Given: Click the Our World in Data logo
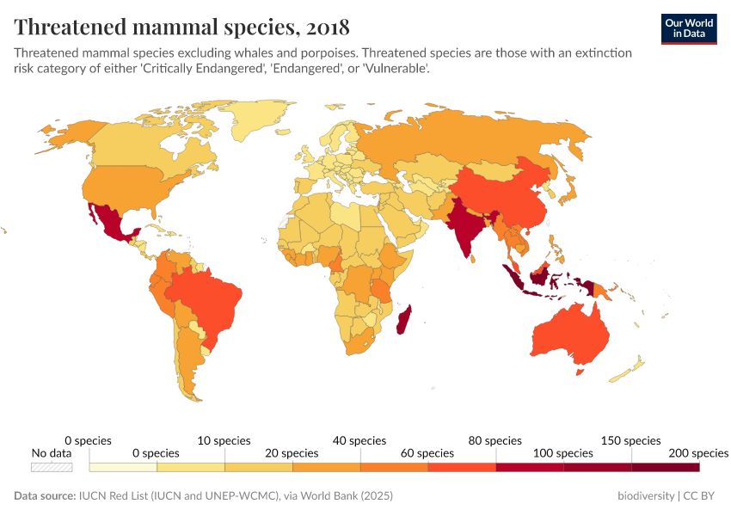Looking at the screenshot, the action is point(688,28).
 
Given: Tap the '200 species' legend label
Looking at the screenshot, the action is point(697,452).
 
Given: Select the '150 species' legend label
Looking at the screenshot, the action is point(631,440).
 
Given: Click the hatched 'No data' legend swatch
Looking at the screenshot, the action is point(52,467).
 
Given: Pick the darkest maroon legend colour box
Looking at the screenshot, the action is point(665,467).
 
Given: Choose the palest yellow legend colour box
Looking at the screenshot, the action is point(123,467).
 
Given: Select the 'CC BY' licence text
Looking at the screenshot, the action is point(700,496).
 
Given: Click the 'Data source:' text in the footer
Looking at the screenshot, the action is point(44,496).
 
